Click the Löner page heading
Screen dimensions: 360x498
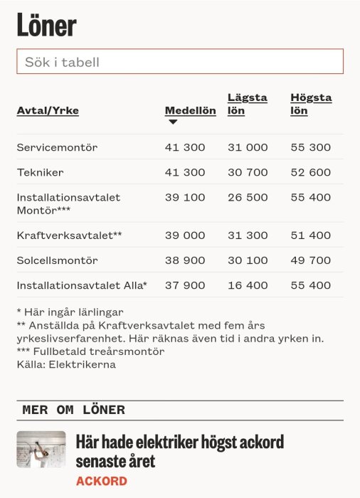[46, 26]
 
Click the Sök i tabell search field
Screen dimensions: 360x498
[179, 62]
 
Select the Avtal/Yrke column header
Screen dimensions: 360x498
[48, 111]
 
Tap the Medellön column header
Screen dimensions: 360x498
[190, 111]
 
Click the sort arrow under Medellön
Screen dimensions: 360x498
[172, 122]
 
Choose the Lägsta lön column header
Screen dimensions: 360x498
[247, 105]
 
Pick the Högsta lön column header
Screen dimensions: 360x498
[310, 105]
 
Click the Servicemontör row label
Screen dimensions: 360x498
[57, 147]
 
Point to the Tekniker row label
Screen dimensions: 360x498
[41, 172]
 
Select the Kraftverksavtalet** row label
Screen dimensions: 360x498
[70, 235]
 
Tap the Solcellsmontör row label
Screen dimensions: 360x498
[57, 260]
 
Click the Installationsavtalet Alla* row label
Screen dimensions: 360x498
[82, 285]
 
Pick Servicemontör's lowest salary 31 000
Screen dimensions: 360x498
[248, 147]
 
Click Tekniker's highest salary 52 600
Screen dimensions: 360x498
[310, 172]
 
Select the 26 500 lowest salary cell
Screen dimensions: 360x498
[248, 197]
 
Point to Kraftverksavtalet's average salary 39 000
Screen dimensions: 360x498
[184, 235]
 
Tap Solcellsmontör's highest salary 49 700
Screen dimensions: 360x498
[310, 260]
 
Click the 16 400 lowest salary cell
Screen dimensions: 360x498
[248, 285]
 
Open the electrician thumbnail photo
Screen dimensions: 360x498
[41, 450]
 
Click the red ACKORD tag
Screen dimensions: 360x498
[101, 482]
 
